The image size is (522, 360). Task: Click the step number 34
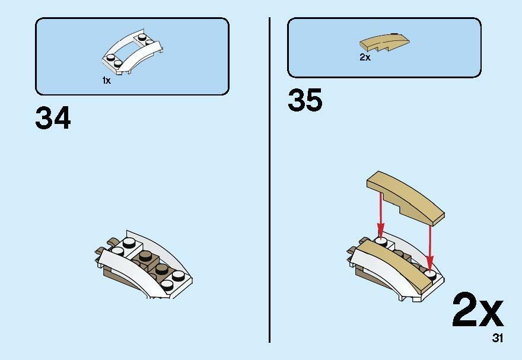53,118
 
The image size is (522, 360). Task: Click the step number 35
305,100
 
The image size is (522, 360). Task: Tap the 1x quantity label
107,81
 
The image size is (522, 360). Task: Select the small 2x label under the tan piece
365,57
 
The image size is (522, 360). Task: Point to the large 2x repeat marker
478,310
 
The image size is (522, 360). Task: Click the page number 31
498,338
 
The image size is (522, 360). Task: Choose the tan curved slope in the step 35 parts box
384,42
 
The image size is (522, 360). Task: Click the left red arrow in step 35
380,214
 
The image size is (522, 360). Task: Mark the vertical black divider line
269,180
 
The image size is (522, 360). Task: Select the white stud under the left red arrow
381,241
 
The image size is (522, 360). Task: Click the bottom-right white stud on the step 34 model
167,284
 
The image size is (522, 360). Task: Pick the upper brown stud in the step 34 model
145,256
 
